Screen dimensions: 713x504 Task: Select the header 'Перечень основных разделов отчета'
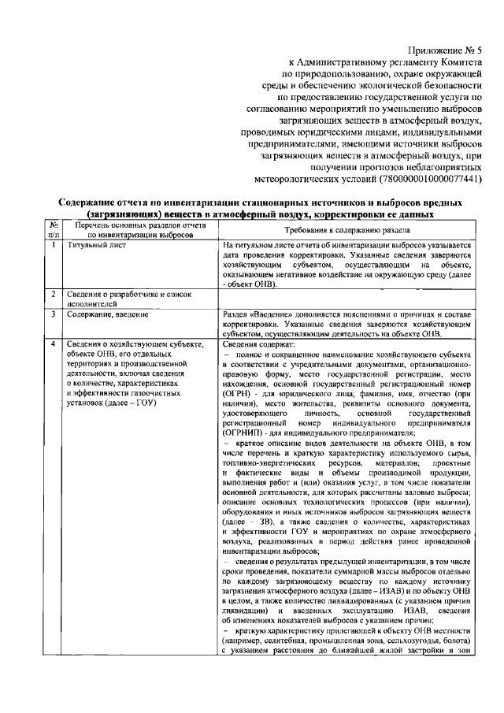pyautogui.click(x=140, y=225)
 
